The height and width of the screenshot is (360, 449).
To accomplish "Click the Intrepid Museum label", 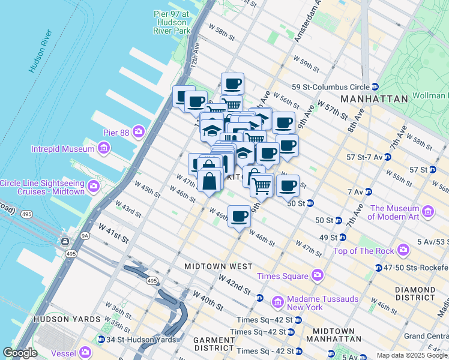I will click(x=65, y=148).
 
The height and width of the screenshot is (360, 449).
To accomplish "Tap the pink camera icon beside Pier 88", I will click(x=139, y=131).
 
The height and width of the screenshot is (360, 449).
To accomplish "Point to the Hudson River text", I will click(x=41, y=50).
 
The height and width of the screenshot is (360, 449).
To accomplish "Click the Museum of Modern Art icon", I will click(x=428, y=211).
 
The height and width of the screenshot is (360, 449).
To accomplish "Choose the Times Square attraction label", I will click(x=282, y=276).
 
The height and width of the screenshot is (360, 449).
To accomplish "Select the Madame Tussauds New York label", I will click(x=323, y=303).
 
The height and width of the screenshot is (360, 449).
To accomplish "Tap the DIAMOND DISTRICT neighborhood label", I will click(x=415, y=293).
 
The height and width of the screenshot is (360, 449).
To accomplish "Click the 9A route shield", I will click(x=85, y=236).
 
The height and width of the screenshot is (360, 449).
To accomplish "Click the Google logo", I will click(x=20, y=353).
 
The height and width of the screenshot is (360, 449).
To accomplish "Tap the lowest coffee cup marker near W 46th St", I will click(x=239, y=216).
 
